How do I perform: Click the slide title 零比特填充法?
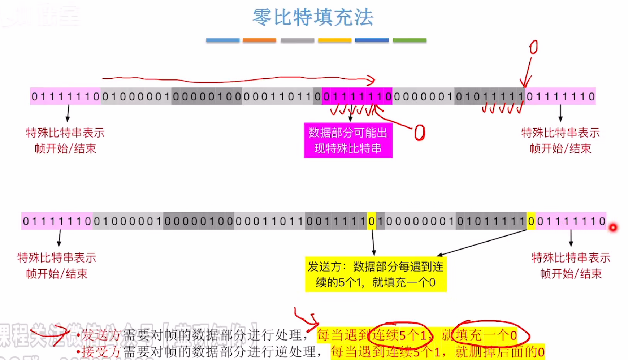(313, 17)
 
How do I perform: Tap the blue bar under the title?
(222, 40)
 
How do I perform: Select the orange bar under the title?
(259, 40)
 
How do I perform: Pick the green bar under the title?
(410, 40)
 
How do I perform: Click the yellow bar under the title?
(334, 40)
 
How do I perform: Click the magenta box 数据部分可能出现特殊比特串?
(348, 140)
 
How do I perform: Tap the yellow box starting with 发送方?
(376, 274)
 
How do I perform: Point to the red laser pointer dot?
(613, 227)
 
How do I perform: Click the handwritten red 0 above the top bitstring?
(533, 47)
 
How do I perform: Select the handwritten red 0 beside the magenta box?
(420, 133)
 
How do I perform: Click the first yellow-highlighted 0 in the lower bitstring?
(371, 221)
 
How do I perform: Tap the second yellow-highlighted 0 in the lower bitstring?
(531, 221)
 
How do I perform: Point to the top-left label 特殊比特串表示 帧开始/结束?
(65, 140)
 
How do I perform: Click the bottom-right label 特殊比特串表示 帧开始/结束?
(571, 266)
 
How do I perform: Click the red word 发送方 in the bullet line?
(101, 335)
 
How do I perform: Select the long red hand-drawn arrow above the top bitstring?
(238, 80)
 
